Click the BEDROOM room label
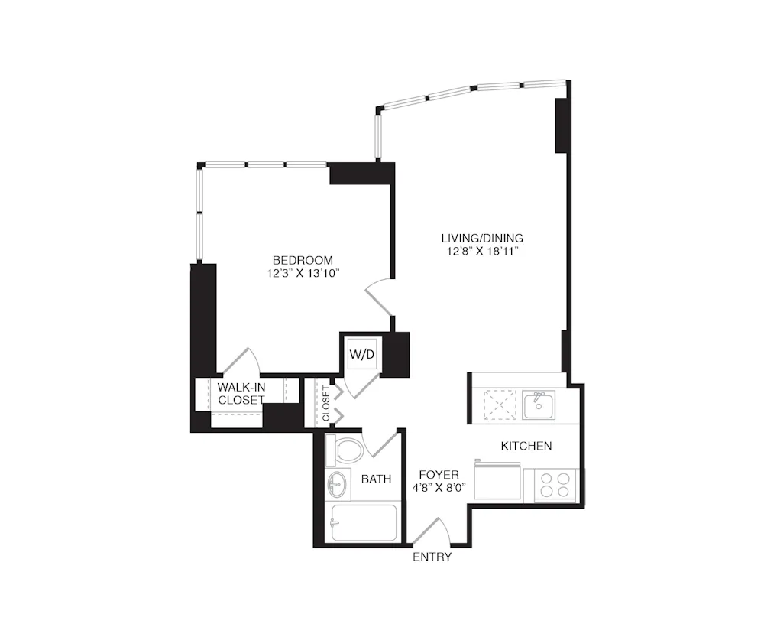[x=303, y=259]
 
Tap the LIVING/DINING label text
[x=481, y=237]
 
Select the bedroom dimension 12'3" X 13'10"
[x=303, y=272]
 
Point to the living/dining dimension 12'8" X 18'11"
[x=481, y=251]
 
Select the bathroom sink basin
[x=336, y=483]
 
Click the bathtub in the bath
[x=363, y=522]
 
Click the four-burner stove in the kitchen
[x=555, y=483]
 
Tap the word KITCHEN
[x=526, y=446]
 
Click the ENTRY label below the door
[x=432, y=557]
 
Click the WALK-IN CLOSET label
[x=241, y=394]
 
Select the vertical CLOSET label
[x=326, y=404]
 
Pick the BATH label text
[x=376, y=479]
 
